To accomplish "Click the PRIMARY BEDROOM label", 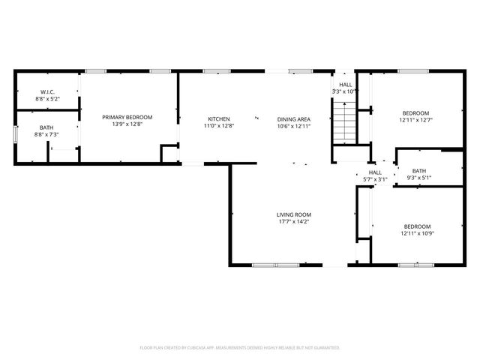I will point(127,117).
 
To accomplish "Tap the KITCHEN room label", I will point(218,119).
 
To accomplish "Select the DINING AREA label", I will point(293,119).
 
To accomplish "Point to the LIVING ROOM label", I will point(293,214).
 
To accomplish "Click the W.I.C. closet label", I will point(46,91).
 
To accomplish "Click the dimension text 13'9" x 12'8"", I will point(127,124).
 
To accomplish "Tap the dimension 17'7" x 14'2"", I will point(293,221).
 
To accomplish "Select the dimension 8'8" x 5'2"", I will point(46,98).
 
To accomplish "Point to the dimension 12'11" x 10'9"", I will point(417,233).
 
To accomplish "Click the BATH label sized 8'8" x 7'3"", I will point(46,127).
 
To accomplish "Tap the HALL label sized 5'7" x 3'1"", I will point(374,172).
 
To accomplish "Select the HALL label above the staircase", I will point(345,85).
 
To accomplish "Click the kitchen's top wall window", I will point(216,71).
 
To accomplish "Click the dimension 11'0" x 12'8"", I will point(218,126).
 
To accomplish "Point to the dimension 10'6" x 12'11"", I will point(293,126).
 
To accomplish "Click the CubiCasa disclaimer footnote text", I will point(240,347).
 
